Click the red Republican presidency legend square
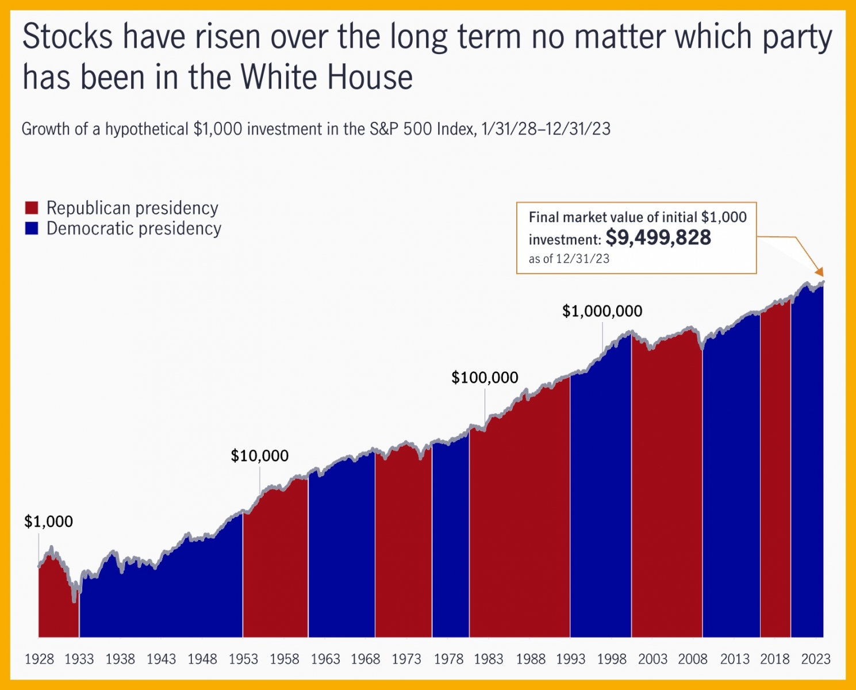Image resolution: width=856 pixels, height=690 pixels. pos(32,208)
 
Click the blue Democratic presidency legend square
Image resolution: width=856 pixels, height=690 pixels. pos(32,228)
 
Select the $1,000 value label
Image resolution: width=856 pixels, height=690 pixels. pos(48,522)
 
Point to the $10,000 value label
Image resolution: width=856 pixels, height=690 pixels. pos(259,456)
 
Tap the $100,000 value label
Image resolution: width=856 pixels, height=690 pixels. pos(485,378)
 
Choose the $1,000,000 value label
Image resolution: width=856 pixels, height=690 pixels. pos(602,311)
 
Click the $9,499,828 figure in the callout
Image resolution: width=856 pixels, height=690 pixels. pos(658,237)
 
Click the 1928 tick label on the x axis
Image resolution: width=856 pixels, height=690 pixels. pos(39,659)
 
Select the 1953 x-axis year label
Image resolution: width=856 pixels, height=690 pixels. pos(243,659)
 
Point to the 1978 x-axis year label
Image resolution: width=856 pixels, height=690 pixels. pos(448,659)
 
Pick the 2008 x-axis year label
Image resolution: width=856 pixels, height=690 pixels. pos(693,659)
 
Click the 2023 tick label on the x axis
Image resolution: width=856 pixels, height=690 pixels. pos(816,659)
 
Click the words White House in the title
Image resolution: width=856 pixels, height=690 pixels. pos(327,78)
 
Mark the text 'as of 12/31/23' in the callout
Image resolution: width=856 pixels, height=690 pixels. pos(569,259)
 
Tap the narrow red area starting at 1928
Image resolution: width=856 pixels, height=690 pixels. pos(57,604)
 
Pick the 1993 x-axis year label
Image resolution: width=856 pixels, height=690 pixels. pos(570,659)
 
